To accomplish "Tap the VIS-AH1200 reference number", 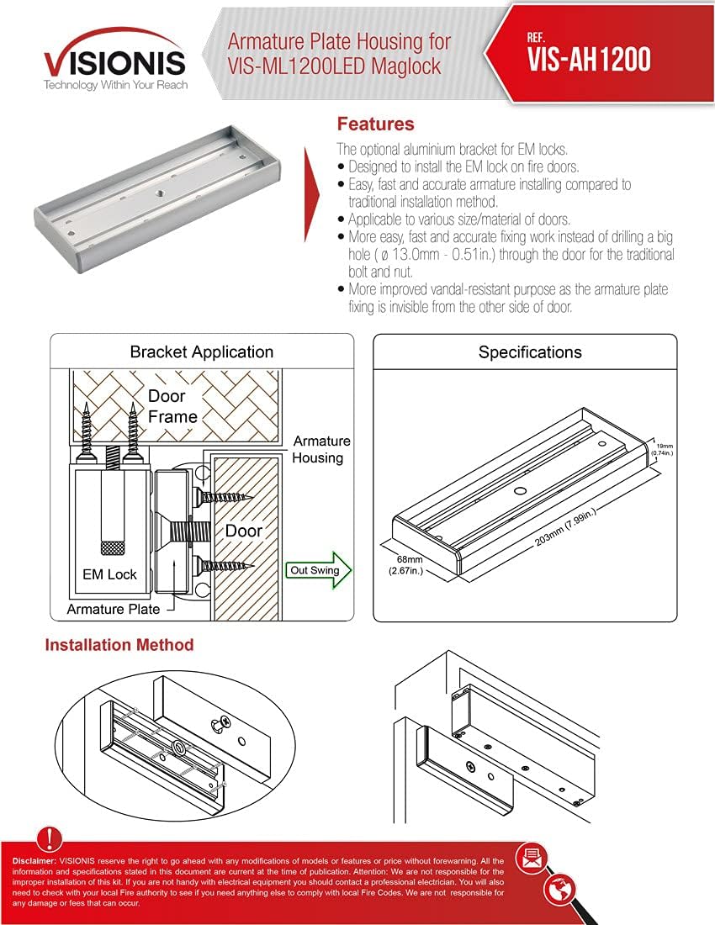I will coord(589,59).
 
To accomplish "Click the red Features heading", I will coord(375,124).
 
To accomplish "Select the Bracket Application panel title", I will coord(201,351).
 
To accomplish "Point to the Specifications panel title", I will coord(530,351).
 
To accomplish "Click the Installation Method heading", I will coord(119,645).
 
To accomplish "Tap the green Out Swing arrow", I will coord(319,570).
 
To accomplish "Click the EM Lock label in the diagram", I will coord(109,574).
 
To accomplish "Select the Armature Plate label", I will coord(113,609).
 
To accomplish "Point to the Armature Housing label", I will coord(320,449).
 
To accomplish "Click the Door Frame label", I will coord(172,405).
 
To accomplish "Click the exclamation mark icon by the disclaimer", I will coord(51,838).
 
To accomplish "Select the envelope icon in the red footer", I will coord(532,858).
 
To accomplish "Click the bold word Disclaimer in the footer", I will coord(34,862).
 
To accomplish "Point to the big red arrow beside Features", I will coord(312,181).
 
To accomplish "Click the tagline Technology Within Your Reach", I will coord(115,86).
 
